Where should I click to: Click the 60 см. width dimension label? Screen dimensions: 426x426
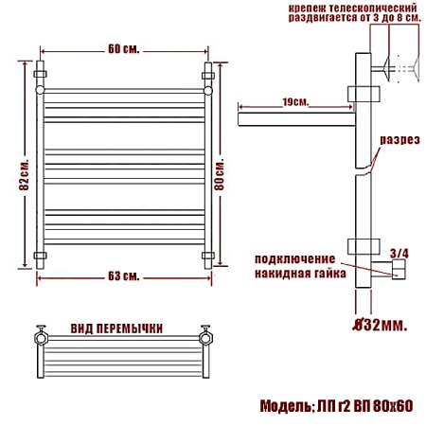tap(123, 49)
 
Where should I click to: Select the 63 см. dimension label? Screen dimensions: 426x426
tap(123, 276)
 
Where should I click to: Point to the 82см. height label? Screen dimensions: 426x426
tap(25, 174)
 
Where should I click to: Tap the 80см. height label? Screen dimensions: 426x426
tap(219, 174)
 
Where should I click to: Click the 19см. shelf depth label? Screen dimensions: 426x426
tap(295, 102)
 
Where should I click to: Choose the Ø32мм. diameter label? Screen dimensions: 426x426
tap(380, 325)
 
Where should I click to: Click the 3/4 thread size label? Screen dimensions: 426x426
tap(399, 254)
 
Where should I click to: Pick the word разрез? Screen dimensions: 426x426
tap(399, 140)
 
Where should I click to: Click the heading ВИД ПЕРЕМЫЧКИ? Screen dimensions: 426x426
tap(116, 328)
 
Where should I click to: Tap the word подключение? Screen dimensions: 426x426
tap(294, 259)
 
